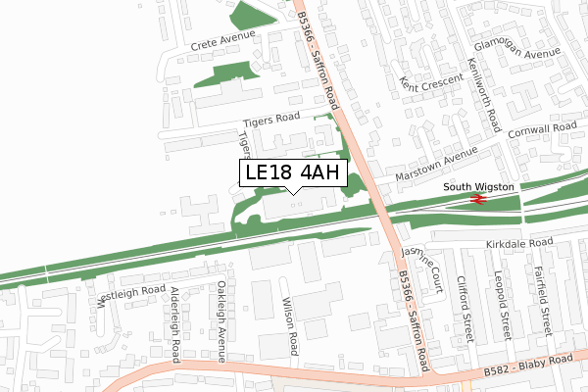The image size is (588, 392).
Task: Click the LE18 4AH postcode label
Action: tap(293, 173)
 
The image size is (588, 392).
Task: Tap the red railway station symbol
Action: tap(479, 199)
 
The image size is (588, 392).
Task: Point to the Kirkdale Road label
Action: tap(519, 243)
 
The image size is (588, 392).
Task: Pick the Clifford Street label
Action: tap(467, 307)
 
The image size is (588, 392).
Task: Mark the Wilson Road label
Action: tap(290, 326)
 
